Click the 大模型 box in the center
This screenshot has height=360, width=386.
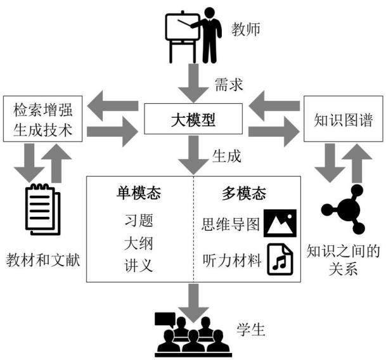point(193,119)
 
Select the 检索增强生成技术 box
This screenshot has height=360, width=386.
point(43,119)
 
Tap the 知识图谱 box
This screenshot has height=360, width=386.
point(344,119)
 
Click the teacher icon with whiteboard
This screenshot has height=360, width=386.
point(193,35)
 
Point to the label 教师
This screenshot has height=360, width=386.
point(245,29)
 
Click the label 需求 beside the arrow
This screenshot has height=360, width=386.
point(229,85)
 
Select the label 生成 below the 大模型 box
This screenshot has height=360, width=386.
point(226,156)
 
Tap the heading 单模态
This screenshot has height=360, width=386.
point(139,193)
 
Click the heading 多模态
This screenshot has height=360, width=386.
point(244,193)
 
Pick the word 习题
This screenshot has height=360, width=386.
point(139,220)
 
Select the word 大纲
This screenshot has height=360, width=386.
point(138,243)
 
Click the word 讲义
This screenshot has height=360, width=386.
point(139,266)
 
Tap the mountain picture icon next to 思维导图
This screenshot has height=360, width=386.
point(280,223)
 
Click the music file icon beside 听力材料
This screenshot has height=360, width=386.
point(280,259)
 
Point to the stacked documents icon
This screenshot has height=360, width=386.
point(43,209)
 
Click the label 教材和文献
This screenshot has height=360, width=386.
point(43,260)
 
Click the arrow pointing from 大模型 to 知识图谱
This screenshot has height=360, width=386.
point(274,131)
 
